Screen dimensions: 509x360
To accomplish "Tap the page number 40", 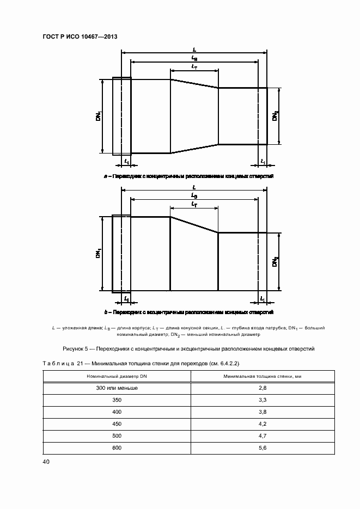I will pos(46,462).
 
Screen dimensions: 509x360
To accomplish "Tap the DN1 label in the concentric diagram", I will pos(99,116).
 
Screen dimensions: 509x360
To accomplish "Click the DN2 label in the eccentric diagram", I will pos(276,262).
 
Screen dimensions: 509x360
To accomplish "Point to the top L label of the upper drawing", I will pos(194,49).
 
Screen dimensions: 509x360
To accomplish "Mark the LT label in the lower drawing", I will pos(194,204).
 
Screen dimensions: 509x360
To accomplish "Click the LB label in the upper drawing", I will pos(194,58).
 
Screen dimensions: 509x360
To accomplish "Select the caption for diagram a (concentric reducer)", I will pos(188,177).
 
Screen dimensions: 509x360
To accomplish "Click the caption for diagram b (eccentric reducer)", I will pos(188,312).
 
